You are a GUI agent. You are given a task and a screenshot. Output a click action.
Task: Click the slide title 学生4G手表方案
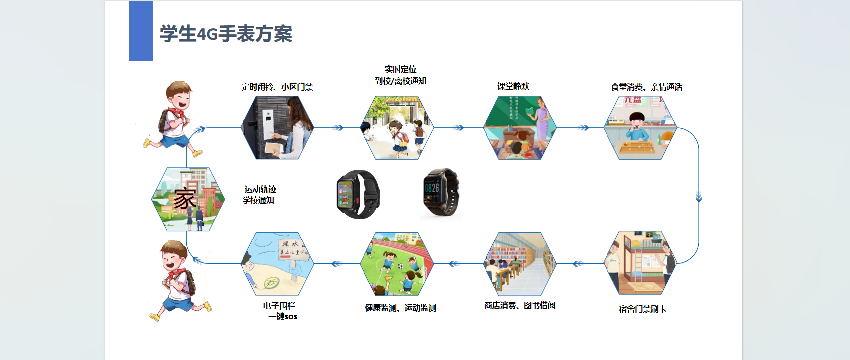click(226, 34)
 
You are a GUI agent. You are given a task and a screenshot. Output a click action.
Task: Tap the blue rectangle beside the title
click(141, 31)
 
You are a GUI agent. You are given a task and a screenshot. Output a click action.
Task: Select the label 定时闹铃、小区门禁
click(277, 87)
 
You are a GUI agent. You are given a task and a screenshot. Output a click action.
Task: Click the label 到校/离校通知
click(400, 81)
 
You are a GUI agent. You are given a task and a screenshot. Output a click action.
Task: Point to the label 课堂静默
click(513, 86)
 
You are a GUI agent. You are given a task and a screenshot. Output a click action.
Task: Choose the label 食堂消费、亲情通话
click(646, 87)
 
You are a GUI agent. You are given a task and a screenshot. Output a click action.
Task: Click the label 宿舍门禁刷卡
click(642, 309)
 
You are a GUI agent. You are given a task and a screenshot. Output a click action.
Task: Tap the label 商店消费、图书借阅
click(519, 305)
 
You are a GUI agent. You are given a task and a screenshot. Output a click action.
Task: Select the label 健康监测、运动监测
click(400, 308)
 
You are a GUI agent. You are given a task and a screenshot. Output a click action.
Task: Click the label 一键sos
click(283, 316)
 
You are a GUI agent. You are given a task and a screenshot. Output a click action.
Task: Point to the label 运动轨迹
click(260, 189)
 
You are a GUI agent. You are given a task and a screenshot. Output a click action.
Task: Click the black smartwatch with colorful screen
click(358, 194)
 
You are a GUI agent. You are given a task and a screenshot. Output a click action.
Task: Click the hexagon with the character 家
click(188, 199)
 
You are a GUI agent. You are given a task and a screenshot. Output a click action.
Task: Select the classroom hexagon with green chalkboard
click(519, 128)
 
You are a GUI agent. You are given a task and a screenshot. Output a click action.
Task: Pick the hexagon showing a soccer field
click(396, 264)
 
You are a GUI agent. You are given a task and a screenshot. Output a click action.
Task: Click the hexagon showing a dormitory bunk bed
click(640, 262)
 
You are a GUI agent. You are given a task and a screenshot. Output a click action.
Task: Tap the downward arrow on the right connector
click(699, 197)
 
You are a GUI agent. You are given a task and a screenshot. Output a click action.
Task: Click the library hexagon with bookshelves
click(519, 264)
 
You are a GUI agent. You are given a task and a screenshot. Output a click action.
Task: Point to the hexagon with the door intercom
click(277, 128)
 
